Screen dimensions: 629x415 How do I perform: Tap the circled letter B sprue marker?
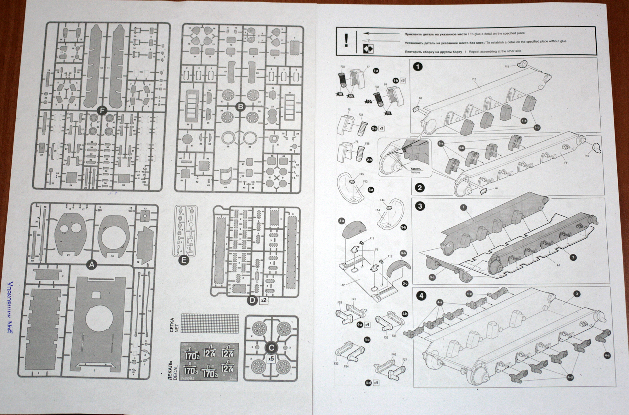coord(241,107)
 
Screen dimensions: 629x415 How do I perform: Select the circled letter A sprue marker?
coord(92,265)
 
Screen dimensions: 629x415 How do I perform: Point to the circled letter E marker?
coord(184,260)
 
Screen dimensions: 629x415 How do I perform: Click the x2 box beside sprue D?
coord(264,300)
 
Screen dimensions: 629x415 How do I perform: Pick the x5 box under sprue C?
coord(270,359)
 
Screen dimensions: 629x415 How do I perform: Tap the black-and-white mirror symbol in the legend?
coord(368,49)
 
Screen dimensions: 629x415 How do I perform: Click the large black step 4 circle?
coord(421,296)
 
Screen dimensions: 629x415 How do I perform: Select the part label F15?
coord(506,66)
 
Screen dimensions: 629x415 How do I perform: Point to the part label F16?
coord(587,156)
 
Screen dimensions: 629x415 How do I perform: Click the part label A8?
coord(420,99)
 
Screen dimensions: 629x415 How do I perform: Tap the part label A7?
coord(497,188)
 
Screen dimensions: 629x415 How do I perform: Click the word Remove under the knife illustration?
coord(415,173)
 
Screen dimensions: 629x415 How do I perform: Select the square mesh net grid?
coord(210,323)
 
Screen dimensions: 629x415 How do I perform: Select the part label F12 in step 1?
coord(474,79)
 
